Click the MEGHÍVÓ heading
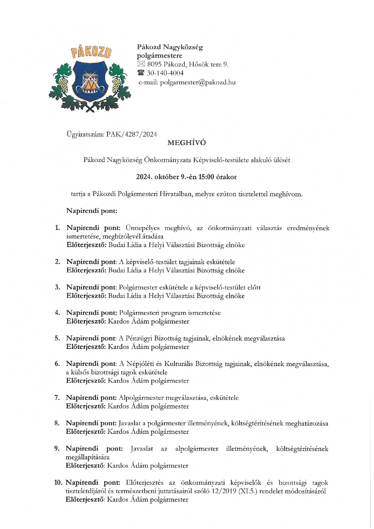187,143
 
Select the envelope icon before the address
141,64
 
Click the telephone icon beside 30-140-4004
141,73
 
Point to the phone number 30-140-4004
165,73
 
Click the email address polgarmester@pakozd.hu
198,82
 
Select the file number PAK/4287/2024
132,134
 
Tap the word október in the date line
167,177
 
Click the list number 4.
57,313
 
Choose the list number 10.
58,483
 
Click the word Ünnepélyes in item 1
143,228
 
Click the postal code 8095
154,64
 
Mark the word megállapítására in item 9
87,457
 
